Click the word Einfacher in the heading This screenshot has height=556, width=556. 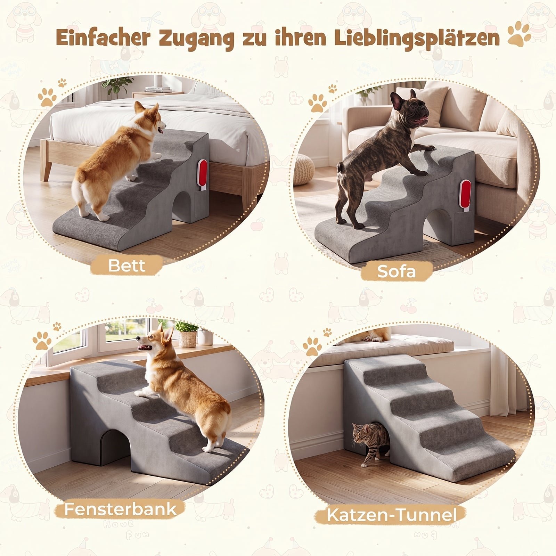[x=103, y=38]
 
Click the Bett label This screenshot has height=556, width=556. [x=126, y=265]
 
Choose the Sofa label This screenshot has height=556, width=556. [x=396, y=271]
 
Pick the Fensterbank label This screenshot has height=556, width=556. [x=120, y=509]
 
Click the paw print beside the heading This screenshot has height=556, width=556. [x=520, y=34]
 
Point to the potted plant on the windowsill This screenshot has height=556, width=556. [x=187, y=334]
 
